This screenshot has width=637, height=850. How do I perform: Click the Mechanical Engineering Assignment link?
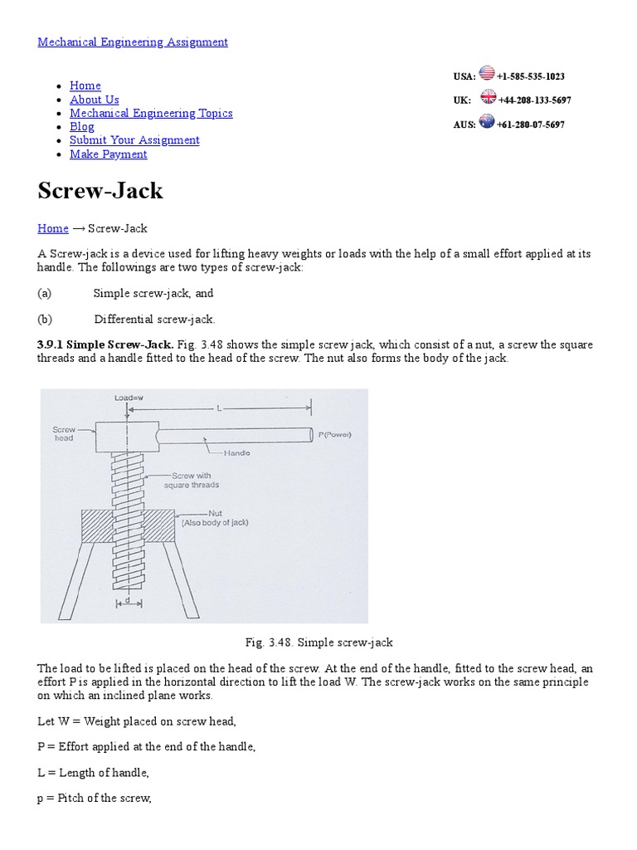coord(133,42)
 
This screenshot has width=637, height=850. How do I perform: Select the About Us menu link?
coord(94,100)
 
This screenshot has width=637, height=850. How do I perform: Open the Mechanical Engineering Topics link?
coord(151,113)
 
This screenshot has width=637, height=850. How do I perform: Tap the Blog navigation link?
coord(81,127)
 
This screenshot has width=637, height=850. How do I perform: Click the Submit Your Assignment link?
coord(134,140)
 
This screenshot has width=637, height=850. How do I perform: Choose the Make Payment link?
coord(108,154)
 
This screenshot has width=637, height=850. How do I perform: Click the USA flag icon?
coord(487,74)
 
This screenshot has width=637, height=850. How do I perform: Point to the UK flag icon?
coord(488,98)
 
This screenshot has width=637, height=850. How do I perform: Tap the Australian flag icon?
coord(487,122)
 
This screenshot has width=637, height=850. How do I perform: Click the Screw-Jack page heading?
coord(100,191)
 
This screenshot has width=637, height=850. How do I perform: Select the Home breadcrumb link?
coord(53,228)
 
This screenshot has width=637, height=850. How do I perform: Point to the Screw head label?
coord(64,434)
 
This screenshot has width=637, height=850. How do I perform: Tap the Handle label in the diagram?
coord(237,453)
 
